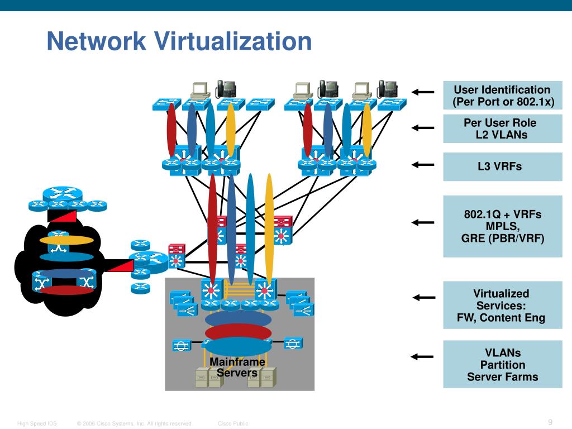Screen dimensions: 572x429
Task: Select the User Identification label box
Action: [x=503, y=95]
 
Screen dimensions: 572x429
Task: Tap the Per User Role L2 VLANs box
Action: [x=503, y=128]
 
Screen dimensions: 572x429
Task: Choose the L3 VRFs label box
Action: [x=503, y=166]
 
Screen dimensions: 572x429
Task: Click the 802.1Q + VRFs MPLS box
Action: [x=503, y=226]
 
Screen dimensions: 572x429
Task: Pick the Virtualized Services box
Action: [x=503, y=305]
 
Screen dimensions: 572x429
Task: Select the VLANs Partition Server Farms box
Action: [x=503, y=364]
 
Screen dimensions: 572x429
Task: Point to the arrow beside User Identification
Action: [x=423, y=92]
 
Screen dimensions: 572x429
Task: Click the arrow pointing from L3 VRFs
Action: [x=423, y=165]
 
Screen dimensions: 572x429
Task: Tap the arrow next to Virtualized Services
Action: [x=424, y=298]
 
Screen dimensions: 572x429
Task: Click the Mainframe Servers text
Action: [x=237, y=367]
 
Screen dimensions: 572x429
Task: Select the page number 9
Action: [x=550, y=422]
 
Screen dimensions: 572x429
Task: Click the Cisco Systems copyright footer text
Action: [x=135, y=423]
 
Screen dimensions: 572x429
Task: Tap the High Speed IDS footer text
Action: [x=37, y=423]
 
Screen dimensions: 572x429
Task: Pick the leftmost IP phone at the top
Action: [x=226, y=89]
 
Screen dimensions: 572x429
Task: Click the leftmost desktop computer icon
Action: [x=201, y=91]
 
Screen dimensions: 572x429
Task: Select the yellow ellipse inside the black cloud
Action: [x=66, y=240]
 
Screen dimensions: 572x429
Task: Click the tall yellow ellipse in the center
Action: [x=269, y=228]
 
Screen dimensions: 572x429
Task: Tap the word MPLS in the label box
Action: [x=503, y=226]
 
